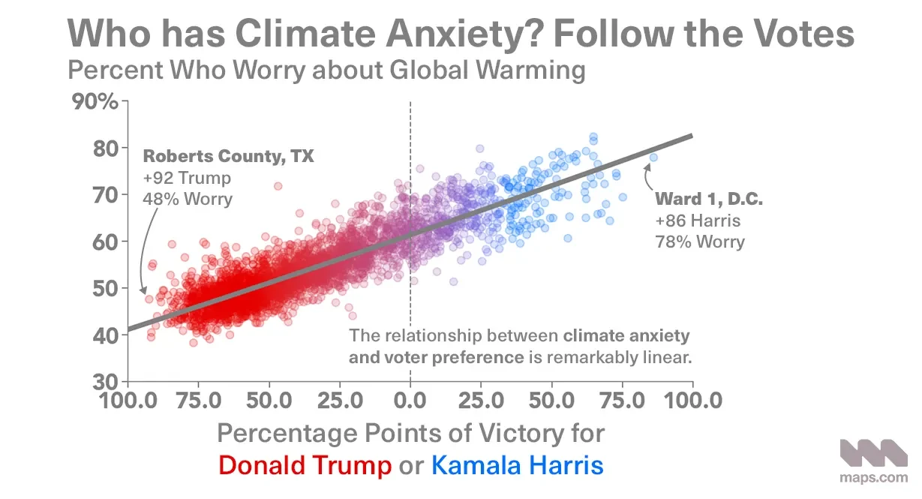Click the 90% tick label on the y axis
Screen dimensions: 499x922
[95, 101]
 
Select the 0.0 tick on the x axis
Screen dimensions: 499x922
[410, 398]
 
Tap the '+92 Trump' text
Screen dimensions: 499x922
[186, 179]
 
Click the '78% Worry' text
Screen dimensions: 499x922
[700, 242]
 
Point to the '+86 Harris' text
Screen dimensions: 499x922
[698, 221]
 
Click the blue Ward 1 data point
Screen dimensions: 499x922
[653, 158]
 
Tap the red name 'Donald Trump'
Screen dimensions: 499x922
[305, 465]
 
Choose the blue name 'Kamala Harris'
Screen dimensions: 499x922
[517, 465]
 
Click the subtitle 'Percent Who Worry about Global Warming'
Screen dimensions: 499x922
[326, 71]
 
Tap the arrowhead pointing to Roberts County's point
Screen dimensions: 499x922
[142, 291]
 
